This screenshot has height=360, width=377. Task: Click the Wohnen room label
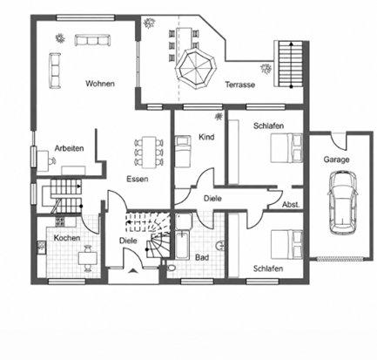(100, 84)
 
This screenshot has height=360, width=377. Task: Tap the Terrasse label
(240, 85)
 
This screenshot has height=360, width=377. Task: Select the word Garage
(336, 160)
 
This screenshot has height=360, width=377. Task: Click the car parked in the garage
(342, 202)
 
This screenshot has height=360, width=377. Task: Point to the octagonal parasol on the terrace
(196, 68)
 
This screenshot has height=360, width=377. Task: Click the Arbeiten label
(69, 148)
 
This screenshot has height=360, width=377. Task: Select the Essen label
(138, 179)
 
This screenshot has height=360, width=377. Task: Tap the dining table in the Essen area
(148, 153)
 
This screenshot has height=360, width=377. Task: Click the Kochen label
(67, 238)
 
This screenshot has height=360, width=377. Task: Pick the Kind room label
(206, 137)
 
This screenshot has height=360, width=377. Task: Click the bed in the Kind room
(183, 151)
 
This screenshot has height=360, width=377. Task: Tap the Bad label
(202, 257)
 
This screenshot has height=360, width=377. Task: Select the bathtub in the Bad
(182, 245)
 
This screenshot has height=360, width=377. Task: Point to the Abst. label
(291, 205)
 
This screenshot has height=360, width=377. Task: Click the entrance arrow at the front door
(133, 271)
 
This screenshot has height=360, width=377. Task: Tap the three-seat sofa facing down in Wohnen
(92, 40)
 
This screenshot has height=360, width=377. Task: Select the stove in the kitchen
(60, 221)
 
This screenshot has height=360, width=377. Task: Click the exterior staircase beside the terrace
(288, 64)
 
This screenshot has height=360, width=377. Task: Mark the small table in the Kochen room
(88, 258)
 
